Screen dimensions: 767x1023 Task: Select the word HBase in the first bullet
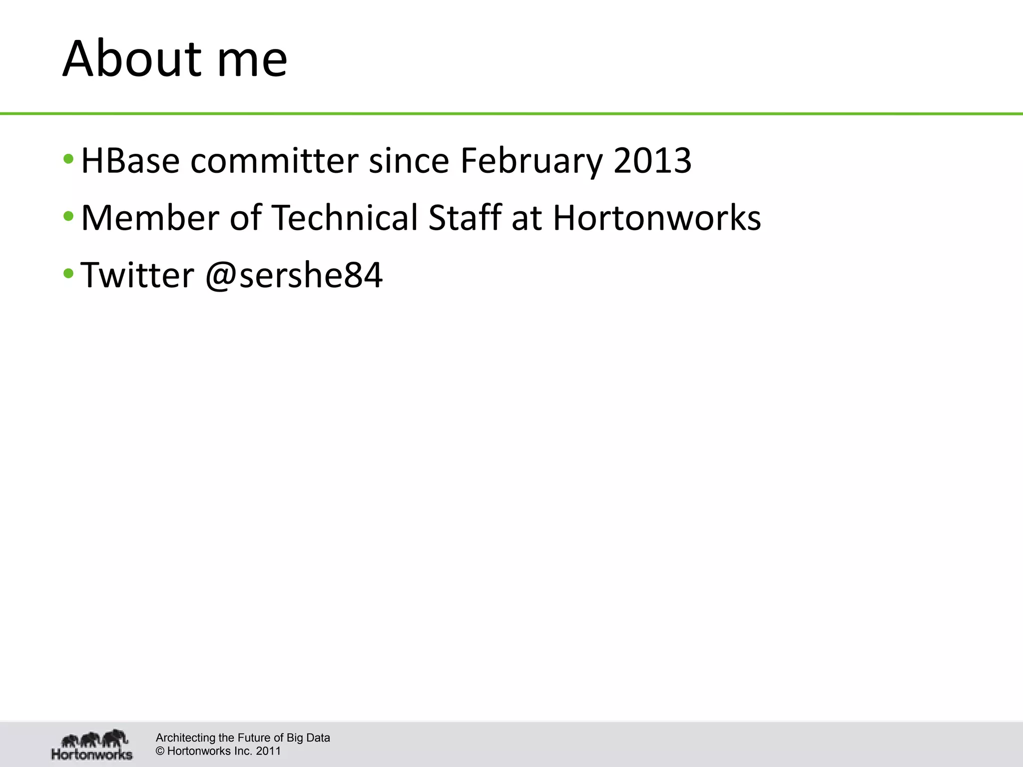[130, 161]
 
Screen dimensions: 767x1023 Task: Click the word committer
[274, 161]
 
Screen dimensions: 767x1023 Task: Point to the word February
[531, 161]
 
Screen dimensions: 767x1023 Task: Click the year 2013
[652, 161]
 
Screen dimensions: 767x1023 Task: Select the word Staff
[465, 218]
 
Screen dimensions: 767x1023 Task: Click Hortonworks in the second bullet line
[656, 218]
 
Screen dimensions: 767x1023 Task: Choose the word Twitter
[137, 275]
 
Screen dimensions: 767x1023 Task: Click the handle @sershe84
[294, 275]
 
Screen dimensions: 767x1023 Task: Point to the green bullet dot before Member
[68, 217]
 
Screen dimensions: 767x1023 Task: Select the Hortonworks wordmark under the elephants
[92, 754]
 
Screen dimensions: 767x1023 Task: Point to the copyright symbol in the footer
[160, 751]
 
